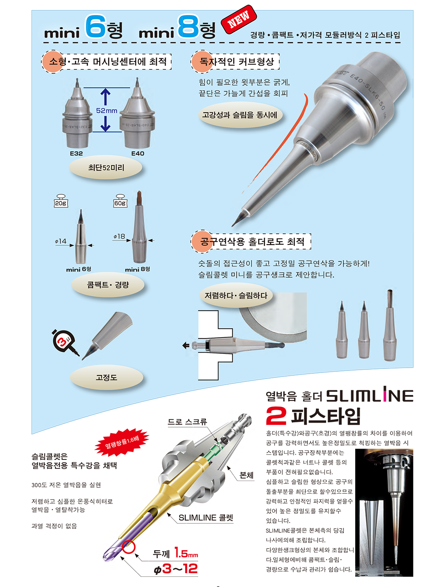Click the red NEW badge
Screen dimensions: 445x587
[x=239, y=19]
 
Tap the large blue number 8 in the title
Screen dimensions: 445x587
[x=188, y=26]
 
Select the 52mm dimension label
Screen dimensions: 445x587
[x=107, y=111]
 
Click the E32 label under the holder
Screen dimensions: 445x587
[x=76, y=153]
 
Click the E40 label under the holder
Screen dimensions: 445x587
[x=138, y=153]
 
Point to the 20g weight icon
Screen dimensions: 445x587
[x=61, y=201]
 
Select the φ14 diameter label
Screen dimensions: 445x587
[x=61, y=241]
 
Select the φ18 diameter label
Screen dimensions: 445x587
[x=119, y=236]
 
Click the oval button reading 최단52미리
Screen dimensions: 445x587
[x=106, y=168]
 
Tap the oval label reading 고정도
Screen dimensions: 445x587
[x=106, y=377]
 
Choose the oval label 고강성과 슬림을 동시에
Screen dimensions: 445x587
[x=240, y=115]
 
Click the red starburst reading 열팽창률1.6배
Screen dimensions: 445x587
[x=122, y=442]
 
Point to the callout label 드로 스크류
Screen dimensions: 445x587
[x=187, y=422]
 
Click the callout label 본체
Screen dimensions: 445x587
[x=246, y=475]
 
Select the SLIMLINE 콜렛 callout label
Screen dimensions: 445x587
[x=206, y=517]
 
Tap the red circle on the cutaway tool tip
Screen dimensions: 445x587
[x=129, y=547]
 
